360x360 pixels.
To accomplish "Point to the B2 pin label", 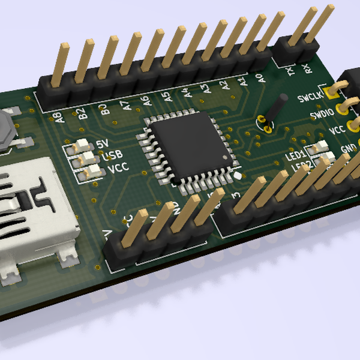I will point(82,112).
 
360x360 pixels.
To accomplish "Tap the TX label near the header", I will point(291,71).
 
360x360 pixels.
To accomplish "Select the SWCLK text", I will point(310,97).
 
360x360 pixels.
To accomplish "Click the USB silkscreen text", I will point(111,156).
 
